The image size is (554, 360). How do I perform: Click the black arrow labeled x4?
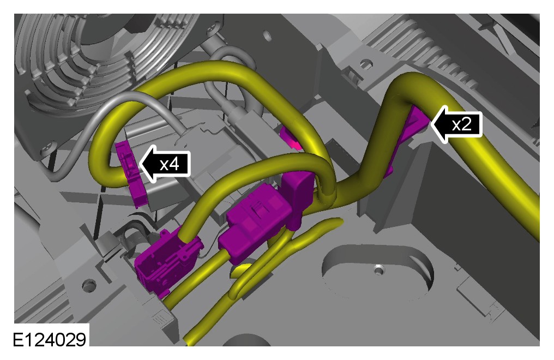[x=165, y=164]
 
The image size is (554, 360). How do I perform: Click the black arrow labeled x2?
[x=456, y=124]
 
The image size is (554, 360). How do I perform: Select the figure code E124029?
[x=50, y=340]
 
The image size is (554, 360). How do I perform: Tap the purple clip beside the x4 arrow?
[x=129, y=173]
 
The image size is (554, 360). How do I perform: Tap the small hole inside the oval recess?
[x=379, y=271]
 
